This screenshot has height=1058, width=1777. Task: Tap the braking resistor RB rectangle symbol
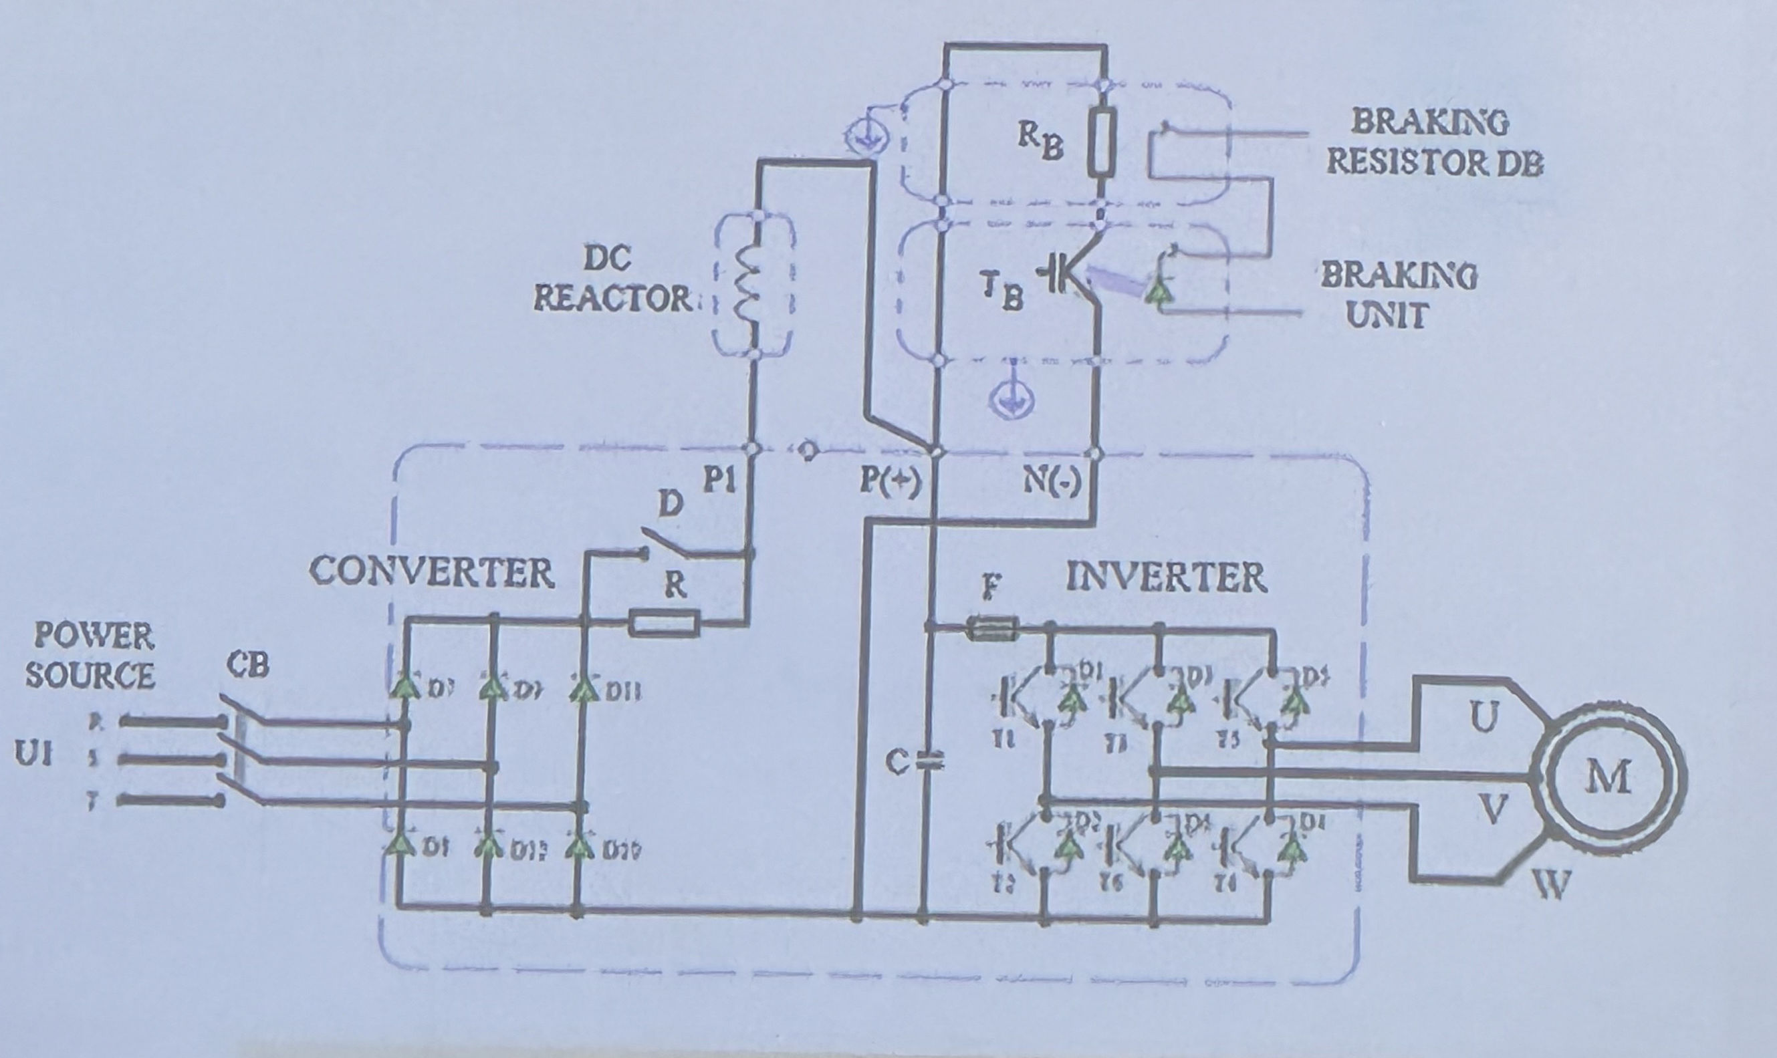click(x=1102, y=143)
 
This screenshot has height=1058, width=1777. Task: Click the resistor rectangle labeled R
click(x=665, y=624)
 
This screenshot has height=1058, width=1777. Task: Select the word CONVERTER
click(x=432, y=573)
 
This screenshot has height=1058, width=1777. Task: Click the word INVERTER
click(x=1167, y=577)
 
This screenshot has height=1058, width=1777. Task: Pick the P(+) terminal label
click(x=891, y=483)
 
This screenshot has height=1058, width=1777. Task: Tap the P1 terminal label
click(x=719, y=481)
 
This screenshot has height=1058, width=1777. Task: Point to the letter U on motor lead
click(x=1484, y=717)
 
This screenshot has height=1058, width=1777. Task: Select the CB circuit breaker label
click(x=249, y=664)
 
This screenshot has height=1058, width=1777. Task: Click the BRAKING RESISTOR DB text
click(x=1433, y=142)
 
